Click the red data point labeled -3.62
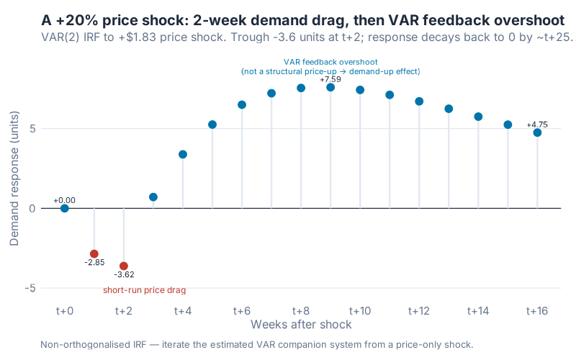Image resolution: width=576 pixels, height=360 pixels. click(124, 266)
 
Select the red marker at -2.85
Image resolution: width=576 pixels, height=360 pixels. click(94, 253)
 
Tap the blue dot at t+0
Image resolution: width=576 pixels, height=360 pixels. click(65, 208)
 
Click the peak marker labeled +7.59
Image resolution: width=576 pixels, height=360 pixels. click(330, 87)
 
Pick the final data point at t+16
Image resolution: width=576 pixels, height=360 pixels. click(537, 132)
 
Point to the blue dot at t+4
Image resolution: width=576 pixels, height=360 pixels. click(183, 154)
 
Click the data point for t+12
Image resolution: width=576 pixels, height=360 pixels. click(419, 102)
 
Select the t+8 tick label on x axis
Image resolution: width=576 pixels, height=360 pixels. click(301, 311)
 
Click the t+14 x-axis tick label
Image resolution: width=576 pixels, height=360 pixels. click(478, 311)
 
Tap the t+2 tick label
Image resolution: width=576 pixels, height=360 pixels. click(124, 311)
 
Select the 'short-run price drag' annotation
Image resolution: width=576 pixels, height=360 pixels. click(144, 290)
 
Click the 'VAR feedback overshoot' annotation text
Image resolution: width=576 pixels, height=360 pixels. click(330, 62)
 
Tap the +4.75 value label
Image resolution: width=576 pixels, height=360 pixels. click(537, 125)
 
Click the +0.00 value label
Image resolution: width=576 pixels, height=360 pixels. click(64, 200)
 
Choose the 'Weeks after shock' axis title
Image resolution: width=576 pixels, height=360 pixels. click(301, 325)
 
